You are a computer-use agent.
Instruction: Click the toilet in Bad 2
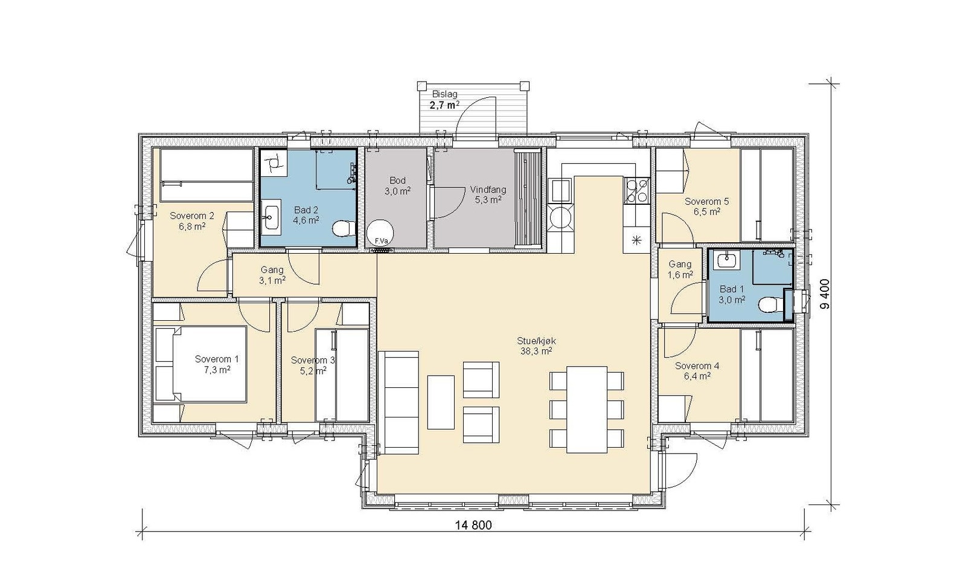(x=344, y=228)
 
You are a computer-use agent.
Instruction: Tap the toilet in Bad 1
(x=769, y=305)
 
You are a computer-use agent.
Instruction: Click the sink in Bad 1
(x=729, y=260)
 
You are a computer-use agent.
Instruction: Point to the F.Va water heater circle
(x=380, y=233)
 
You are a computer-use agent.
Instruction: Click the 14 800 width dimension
(x=473, y=525)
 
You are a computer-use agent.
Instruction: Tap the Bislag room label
(x=444, y=94)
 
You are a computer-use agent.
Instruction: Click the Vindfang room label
(x=488, y=190)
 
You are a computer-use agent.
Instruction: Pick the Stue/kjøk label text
(x=536, y=341)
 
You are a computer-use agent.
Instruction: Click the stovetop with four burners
(x=636, y=191)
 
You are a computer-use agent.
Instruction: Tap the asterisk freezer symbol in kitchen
(x=636, y=240)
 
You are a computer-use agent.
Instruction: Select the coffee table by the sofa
(x=441, y=402)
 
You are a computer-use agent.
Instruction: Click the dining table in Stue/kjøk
(x=587, y=409)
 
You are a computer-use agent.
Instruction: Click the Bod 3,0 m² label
(x=397, y=185)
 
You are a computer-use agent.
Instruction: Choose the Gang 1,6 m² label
(x=680, y=269)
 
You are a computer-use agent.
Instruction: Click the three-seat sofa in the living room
(x=398, y=402)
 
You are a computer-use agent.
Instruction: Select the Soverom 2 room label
(x=192, y=215)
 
